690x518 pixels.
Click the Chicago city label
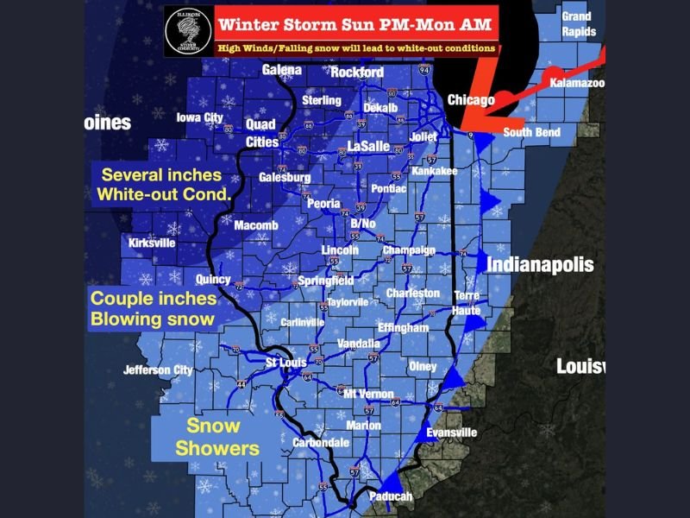[x=471, y=100]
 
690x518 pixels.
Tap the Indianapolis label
[x=540, y=264]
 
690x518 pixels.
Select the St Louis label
[x=285, y=362]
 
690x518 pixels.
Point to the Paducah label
[x=389, y=496]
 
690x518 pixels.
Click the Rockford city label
[x=357, y=73]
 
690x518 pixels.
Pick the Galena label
[x=282, y=69]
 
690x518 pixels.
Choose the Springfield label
[x=325, y=281]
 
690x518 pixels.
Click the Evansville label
[x=451, y=433]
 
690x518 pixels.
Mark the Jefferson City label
[x=157, y=370]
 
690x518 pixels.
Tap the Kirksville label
[x=152, y=243]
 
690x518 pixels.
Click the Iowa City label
[x=199, y=117]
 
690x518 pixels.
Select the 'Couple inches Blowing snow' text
[x=153, y=308]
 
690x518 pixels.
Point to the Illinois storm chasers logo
[x=188, y=32]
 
